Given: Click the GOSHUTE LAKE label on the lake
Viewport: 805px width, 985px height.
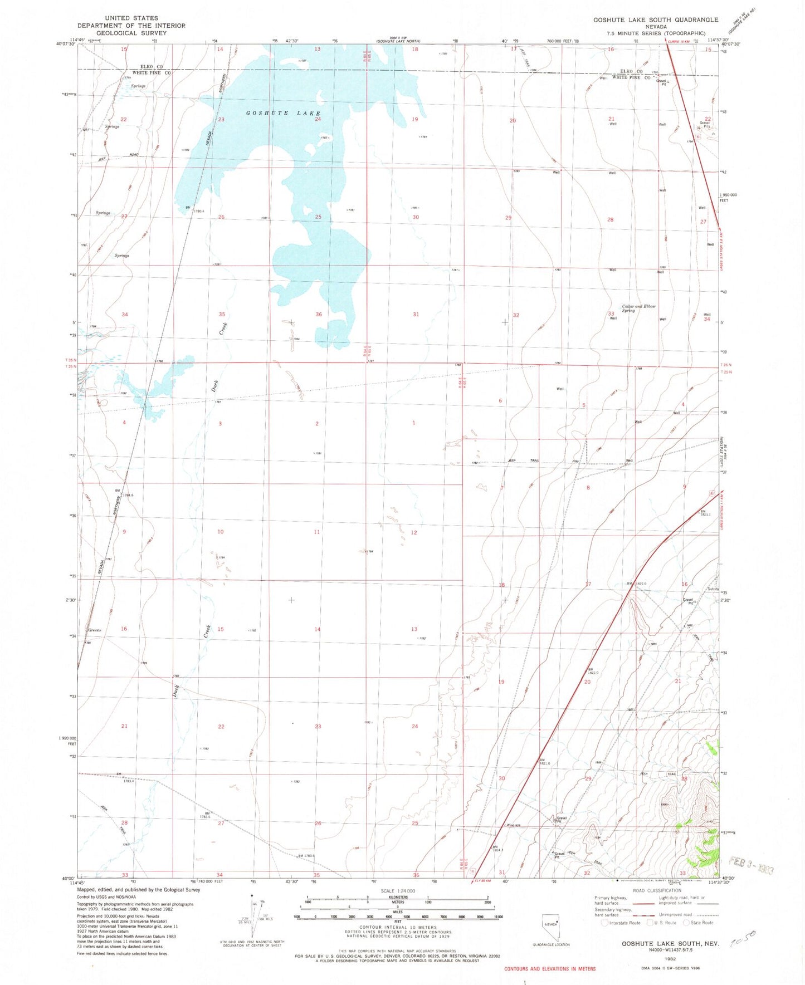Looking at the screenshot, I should (x=283, y=113).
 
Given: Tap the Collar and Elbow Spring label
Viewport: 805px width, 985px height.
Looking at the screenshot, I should (x=638, y=308).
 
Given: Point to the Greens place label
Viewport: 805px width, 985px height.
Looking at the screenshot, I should (x=95, y=630).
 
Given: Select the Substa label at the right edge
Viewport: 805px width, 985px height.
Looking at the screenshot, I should (x=713, y=589).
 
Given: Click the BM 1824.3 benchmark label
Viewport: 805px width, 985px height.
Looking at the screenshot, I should (x=497, y=849).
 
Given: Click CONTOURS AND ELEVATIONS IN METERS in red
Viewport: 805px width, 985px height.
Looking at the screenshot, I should (x=549, y=969).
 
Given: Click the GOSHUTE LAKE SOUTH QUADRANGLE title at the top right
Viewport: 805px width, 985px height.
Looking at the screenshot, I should (x=655, y=19).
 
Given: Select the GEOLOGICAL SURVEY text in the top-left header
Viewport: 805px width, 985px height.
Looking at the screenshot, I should (x=131, y=33).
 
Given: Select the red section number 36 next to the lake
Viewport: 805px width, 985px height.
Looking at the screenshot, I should (x=319, y=315).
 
